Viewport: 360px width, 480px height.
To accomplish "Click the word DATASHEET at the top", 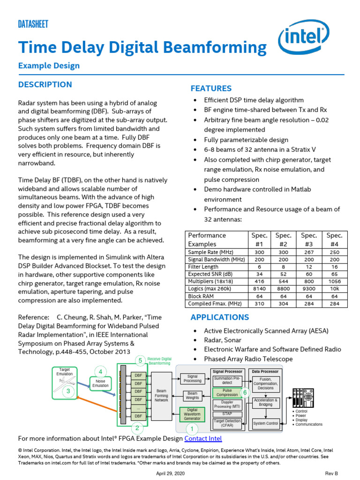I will tap(33, 24).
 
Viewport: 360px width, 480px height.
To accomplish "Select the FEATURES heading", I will tap(211, 88).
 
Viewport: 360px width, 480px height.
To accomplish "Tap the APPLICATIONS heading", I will tap(219, 317).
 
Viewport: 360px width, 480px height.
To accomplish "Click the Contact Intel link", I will tap(203, 438).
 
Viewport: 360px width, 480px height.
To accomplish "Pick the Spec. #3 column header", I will tap(309, 240).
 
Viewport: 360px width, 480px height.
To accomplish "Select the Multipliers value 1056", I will tap(335, 281).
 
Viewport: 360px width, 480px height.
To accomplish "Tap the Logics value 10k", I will tap(335, 289).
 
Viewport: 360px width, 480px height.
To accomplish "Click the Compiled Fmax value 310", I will tap(259, 304).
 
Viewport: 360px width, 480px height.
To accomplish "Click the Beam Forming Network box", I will tap(161, 396).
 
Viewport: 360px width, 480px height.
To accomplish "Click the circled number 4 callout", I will tap(100, 372).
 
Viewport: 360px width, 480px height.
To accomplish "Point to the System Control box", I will tap(266, 423).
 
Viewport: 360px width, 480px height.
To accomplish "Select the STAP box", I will tap(227, 414).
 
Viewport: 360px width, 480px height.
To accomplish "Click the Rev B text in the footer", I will tap(331, 473).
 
